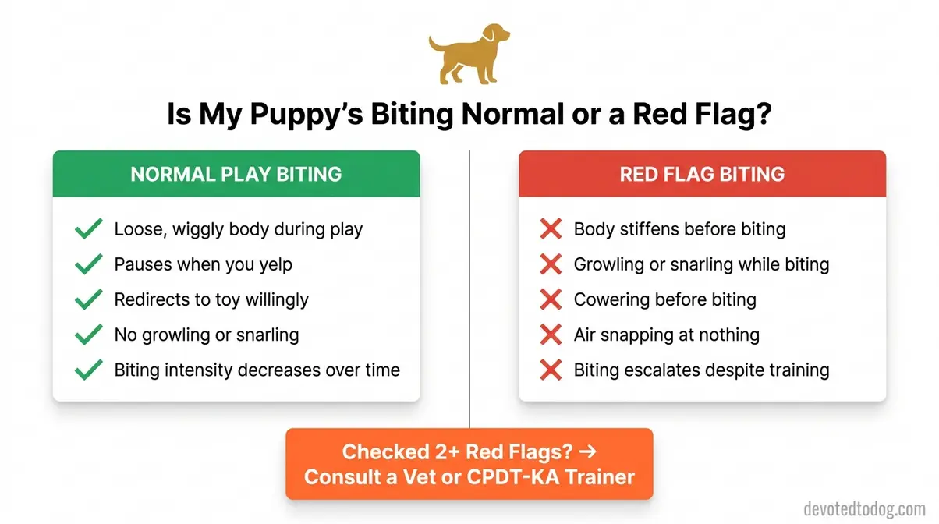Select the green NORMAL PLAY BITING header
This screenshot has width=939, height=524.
pyautogui.click(x=236, y=173)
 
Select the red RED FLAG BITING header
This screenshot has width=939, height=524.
pyautogui.click(x=702, y=173)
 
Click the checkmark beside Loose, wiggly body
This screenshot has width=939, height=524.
pyautogui.click(x=88, y=229)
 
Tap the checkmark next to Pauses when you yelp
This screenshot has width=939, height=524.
pyautogui.click(x=88, y=264)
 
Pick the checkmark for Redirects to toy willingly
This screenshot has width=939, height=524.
pyautogui.click(x=88, y=299)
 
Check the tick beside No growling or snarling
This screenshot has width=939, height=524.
pyautogui.click(x=88, y=335)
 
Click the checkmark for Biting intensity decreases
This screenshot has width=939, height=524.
pyautogui.click(x=88, y=370)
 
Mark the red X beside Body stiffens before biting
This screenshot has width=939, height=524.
pyautogui.click(x=551, y=229)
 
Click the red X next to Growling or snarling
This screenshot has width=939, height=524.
pyautogui.click(x=551, y=264)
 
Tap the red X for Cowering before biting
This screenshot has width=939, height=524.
pyautogui.click(x=551, y=299)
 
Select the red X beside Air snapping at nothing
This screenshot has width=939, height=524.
pyautogui.click(x=551, y=335)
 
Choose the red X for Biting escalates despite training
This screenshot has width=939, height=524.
pyautogui.click(x=551, y=370)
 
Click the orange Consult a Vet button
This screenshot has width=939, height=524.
pyautogui.click(x=469, y=464)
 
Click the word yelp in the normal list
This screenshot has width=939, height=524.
pyautogui.click(x=273, y=265)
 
